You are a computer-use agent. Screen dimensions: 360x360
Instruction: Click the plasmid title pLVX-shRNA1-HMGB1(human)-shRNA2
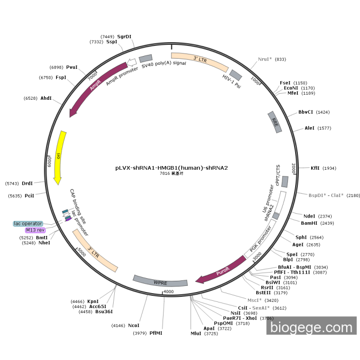pos(171,168)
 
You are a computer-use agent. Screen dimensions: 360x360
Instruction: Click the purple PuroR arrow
pos(221,271)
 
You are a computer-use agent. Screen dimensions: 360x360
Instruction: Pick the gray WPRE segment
pos(160,282)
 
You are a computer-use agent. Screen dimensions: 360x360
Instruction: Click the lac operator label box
pos(28,223)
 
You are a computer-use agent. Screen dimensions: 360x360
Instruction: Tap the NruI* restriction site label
pos(265,59)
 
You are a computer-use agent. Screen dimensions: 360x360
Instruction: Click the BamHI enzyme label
pos(310,223)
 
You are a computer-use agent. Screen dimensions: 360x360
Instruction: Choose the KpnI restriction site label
pos(93,301)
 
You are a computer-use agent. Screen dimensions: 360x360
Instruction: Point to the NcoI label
pos(134,325)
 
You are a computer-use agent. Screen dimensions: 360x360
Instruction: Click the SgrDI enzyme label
pos(124,37)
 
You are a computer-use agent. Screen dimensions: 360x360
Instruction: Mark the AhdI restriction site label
pos(46,98)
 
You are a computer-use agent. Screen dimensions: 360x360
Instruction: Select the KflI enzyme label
pos(315,168)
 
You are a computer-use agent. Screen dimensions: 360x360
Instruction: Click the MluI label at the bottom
pos(196,333)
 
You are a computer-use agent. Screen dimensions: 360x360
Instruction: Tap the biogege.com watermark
pos(311,326)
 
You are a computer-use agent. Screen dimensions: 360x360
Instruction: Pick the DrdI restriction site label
pos(27,183)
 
